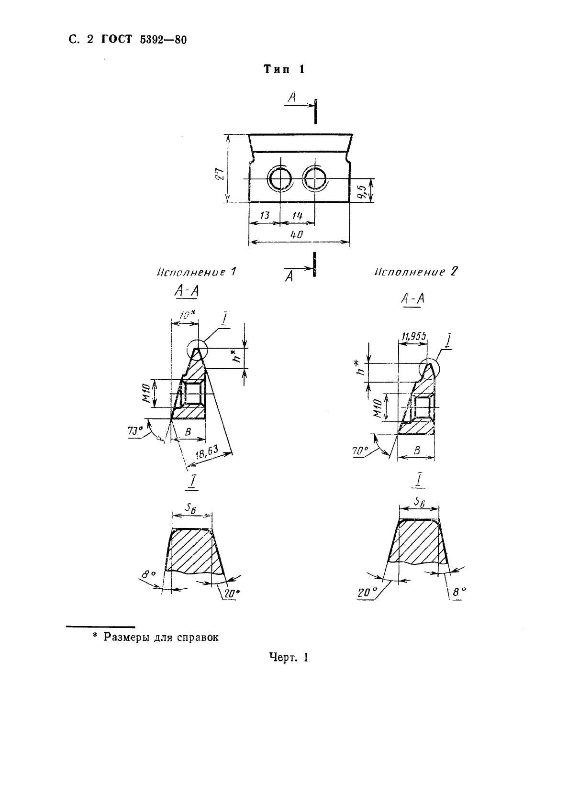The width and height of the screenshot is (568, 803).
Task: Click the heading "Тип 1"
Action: (284, 69)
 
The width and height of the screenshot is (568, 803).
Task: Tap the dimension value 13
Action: (264, 216)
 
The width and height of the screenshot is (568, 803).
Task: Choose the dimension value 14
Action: (297, 216)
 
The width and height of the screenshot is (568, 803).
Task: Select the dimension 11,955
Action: (412, 337)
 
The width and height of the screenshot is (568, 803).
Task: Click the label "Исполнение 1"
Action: (196, 272)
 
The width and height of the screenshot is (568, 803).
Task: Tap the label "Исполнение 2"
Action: (416, 272)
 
